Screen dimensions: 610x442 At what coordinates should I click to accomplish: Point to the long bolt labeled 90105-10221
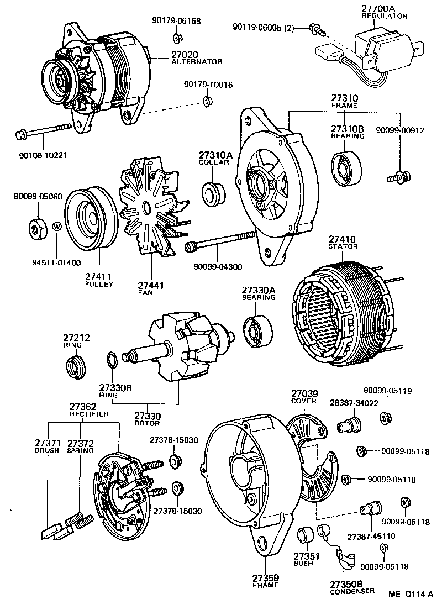click(x=44, y=132)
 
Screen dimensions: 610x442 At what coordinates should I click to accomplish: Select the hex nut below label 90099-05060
click(x=38, y=227)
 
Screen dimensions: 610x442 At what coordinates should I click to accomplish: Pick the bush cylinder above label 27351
click(x=306, y=536)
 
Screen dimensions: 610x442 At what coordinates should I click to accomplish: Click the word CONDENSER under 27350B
click(x=352, y=591)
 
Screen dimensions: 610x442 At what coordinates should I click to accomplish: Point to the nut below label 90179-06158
click(x=178, y=38)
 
